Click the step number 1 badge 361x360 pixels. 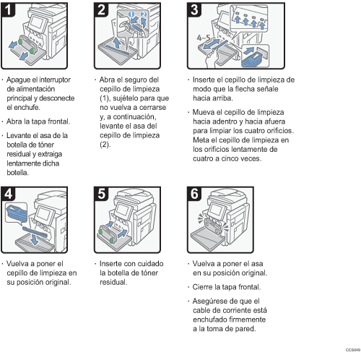tap(8, 10)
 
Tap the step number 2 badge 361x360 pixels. tap(101, 10)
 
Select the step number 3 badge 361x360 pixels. tap(194, 10)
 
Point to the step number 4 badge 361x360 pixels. tap(8, 194)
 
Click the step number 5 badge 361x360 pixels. tap(101, 194)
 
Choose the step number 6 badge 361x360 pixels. tap(194, 194)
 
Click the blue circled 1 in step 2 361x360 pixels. tap(131, 14)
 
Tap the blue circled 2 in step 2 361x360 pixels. tap(144, 14)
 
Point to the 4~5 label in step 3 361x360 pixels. tap(204, 38)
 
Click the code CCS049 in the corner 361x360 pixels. tap(353, 350)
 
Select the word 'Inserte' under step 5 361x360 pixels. tap(110, 264)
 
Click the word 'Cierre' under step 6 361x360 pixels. tap(202, 287)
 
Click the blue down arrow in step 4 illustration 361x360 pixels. tap(35, 239)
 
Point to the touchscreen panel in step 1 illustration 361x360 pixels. tap(38, 23)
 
